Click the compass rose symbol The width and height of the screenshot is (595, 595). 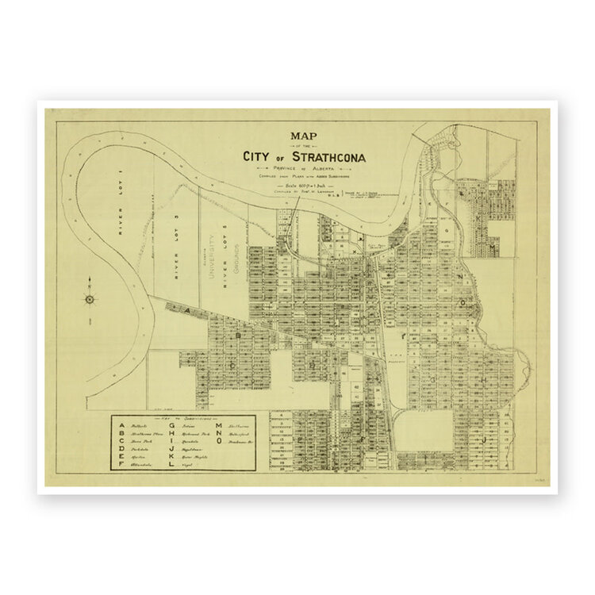[90, 298]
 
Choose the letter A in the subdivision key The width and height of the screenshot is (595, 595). [121, 426]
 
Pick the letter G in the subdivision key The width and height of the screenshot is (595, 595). [171, 426]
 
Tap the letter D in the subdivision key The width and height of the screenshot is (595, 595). [121, 449]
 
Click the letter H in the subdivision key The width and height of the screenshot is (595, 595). [171, 434]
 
